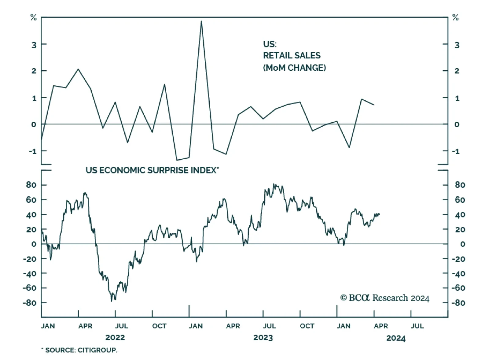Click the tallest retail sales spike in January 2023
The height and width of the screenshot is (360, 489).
tap(201, 21)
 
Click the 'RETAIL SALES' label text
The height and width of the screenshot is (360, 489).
tap(292, 56)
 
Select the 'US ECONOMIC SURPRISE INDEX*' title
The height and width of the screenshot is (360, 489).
tap(152, 170)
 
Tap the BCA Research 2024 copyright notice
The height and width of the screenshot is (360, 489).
tap(385, 298)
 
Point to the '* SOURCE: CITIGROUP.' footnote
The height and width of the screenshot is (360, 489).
tap(79, 350)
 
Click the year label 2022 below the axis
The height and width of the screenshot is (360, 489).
tap(115, 338)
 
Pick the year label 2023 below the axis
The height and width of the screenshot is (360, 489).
tap(263, 338)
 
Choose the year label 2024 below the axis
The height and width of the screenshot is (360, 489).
tap(396, 338)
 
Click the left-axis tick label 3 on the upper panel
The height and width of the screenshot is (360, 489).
tap(34, 45)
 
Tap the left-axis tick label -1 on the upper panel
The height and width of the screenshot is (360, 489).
tap(32, 151)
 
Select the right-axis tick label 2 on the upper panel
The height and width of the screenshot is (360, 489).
tap(457, 71)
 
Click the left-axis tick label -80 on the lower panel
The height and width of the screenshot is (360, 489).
tap(30, 303)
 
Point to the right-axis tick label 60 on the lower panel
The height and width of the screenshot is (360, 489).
tap(460, 200)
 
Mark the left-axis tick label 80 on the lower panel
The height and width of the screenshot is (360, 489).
tap(31, 185)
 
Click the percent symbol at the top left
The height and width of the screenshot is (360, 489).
tap(33, 18)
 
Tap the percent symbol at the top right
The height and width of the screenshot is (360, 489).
tap(455, 18)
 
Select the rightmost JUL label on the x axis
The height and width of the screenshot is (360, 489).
tap(417, 326)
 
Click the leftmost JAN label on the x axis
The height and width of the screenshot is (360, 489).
tap(48, 326)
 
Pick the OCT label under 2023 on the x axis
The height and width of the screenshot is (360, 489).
tap(307, 326)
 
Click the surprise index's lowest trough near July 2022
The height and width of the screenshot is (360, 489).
tap(112, 301)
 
